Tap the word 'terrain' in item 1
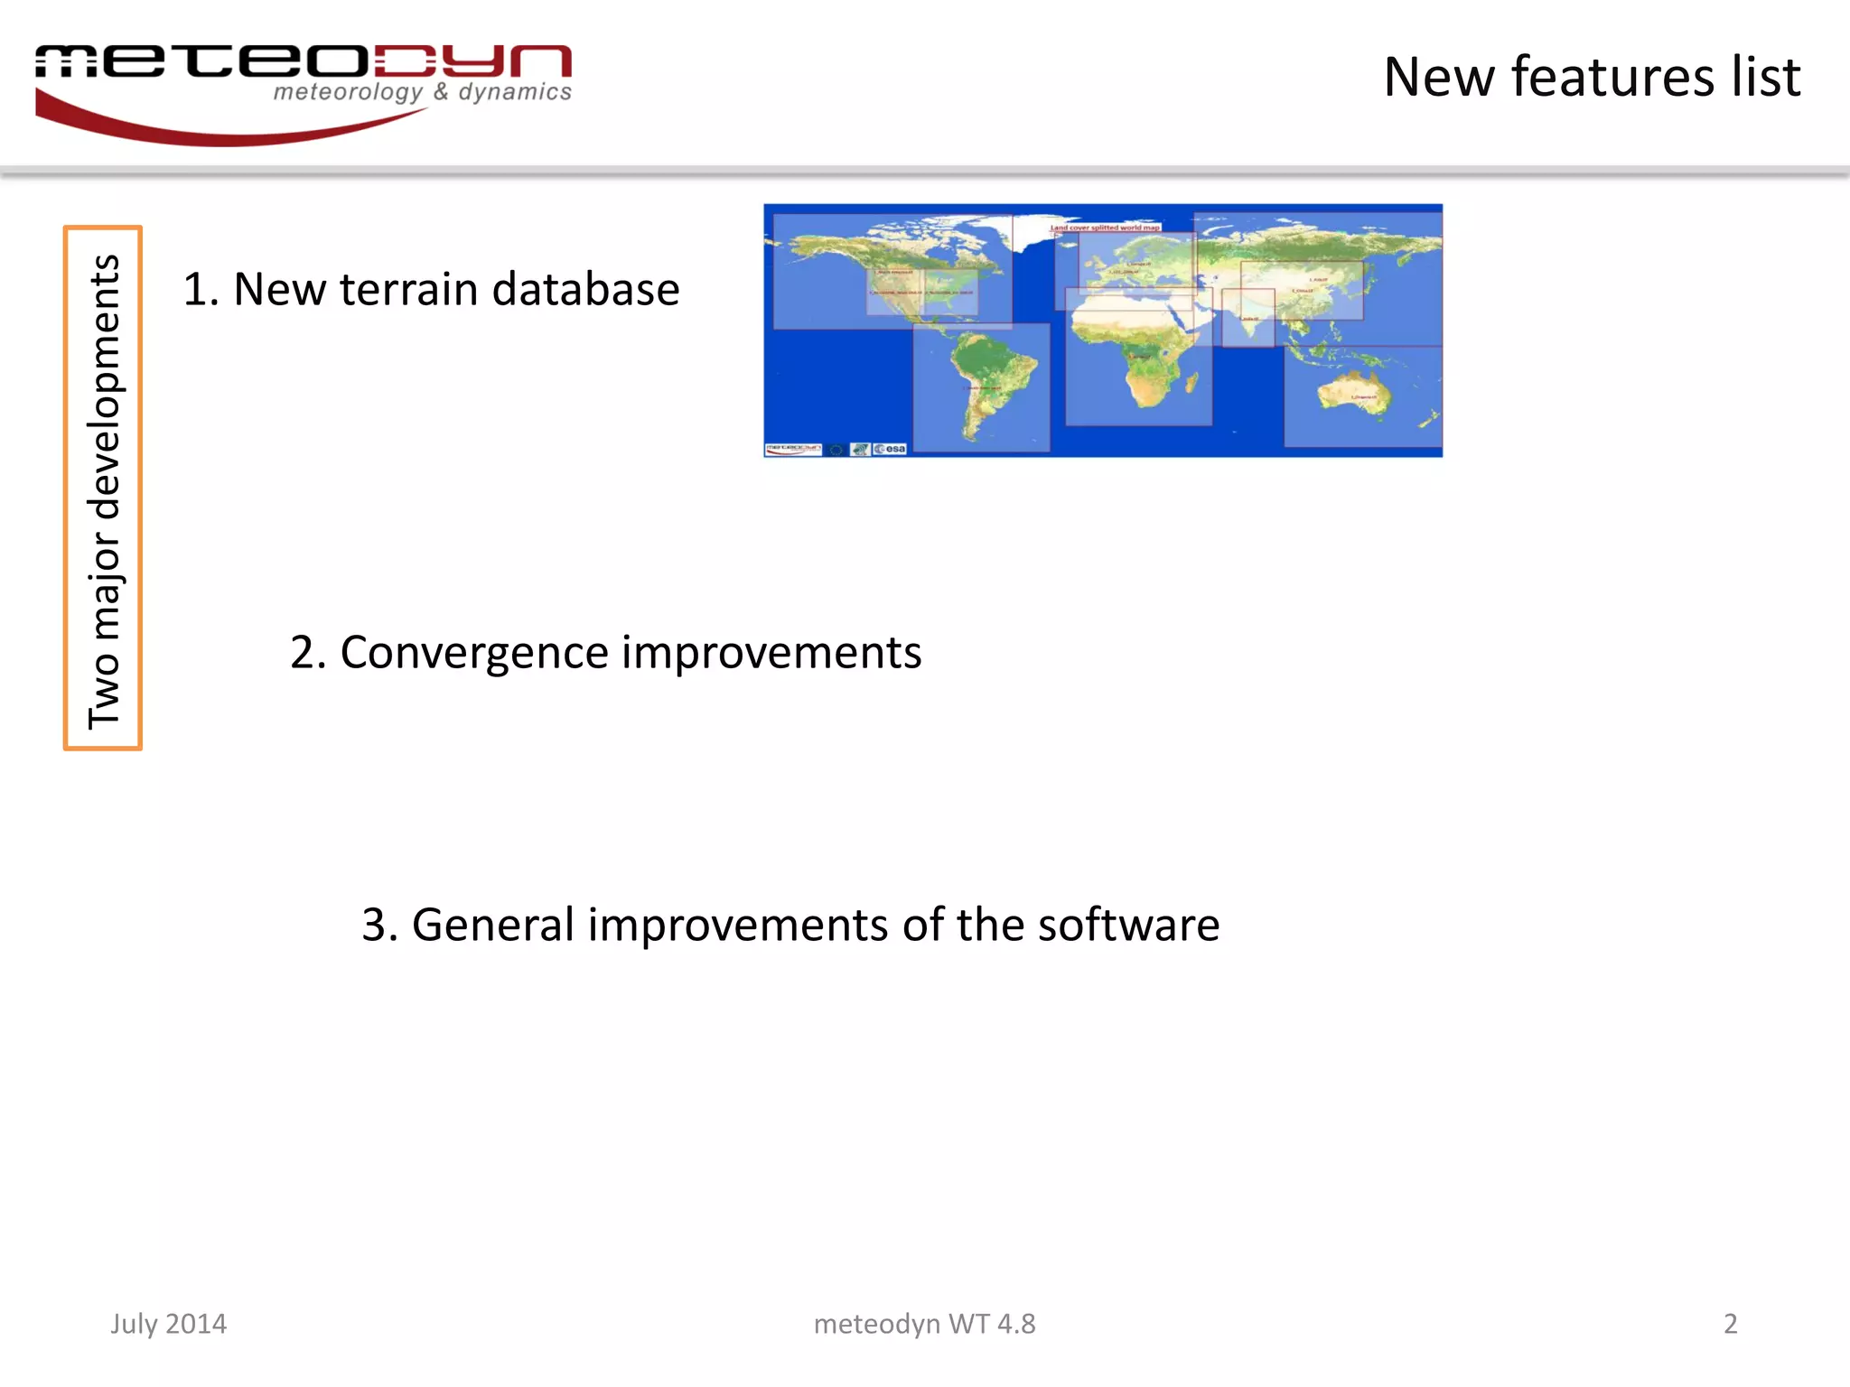coord(409,290)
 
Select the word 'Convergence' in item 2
coord(474,653)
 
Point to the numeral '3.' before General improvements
coord(380,926)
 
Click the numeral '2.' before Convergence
coord(308,653)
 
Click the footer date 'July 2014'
coord(169,1324)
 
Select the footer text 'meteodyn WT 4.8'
coord(924,1324)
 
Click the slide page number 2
coord(1730,1324)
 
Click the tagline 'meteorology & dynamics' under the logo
coord(422,92)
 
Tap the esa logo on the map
coord(891,449)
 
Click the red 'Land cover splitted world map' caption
coord(1104,228)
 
